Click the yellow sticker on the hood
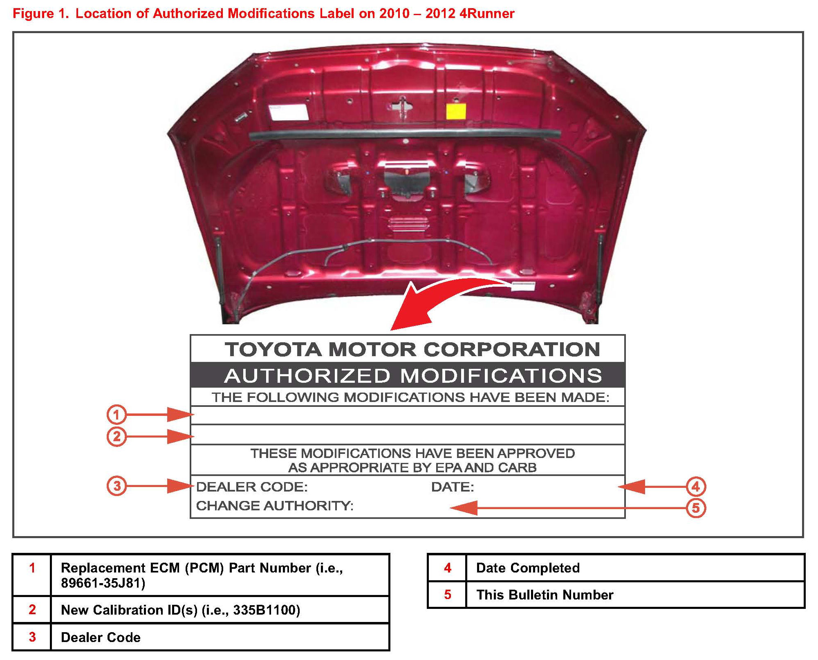[455, 111]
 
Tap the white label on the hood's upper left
[288, 112]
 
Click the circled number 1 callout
[117, 414]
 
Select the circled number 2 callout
[117, 436]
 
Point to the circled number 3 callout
[117, 486]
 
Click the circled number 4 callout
[696, 487]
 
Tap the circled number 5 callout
[696, 508]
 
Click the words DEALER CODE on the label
[251, 487]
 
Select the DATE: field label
[452, 487]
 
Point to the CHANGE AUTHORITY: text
[274, 506]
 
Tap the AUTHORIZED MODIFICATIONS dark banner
[413, 375]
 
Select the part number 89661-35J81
[103, 583]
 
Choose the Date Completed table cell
[528, 568]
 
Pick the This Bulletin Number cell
[545, 595]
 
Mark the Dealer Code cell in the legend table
[101, 637]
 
